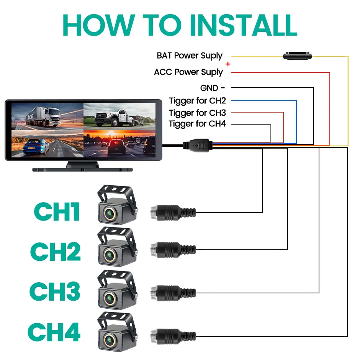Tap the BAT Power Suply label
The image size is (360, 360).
coord(190,56)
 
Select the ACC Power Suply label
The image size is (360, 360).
coord(188,72)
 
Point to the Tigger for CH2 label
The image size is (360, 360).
coord(198,101)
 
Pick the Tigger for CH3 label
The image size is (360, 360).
coord(198,113)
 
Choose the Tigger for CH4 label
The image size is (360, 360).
coord(198,124)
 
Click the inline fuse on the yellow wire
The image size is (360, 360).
coord(298,56)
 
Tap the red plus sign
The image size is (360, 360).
coord(228,64)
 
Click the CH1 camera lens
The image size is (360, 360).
coord(110,212)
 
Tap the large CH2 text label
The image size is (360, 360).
coord(56,252)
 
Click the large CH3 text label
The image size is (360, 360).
coord(55,291)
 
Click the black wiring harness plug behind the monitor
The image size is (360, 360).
coord(196,145)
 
